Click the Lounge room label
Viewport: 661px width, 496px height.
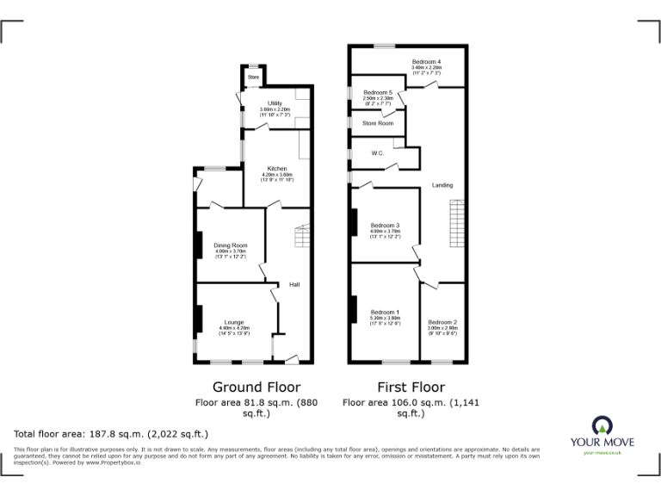pyautogui.click(x=235, y=323)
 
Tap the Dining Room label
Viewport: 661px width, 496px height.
pyautogui.click(x=231, y=245)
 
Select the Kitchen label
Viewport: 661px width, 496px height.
pyautogui.click(x=276, y=169)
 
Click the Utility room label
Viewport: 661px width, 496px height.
pyautogui.click(x=275, y=103)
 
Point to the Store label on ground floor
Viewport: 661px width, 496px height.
pyautogui.click(x=253, y=77)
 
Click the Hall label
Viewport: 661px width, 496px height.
pyautogui.click(x=293, y=285)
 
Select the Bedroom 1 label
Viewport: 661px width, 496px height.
pyautogui.click(x=385, y=312)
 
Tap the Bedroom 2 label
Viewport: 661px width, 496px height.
pyautogui.click(x=442, y=322)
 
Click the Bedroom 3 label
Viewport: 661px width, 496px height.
pyautogui.click(x=385, y=226)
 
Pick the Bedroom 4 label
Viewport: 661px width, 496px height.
pyautogui.click(x=426, y=62)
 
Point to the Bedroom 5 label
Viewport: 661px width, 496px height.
pyautogui.click(x=378, y=92)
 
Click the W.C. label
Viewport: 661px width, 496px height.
pyautogui.click(x=377, y=153)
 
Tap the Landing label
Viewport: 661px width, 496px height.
pyautogui.click(x=442, y=185)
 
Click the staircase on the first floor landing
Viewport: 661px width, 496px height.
pyautogui.click(x=454, y=221)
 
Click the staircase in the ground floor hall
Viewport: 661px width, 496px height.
pyautogui.click(x=301, y=236)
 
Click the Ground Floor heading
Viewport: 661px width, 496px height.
pyautogui.click(x=256, y=387)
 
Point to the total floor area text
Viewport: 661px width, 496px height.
pyautogui.click(x=111, y=434)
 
